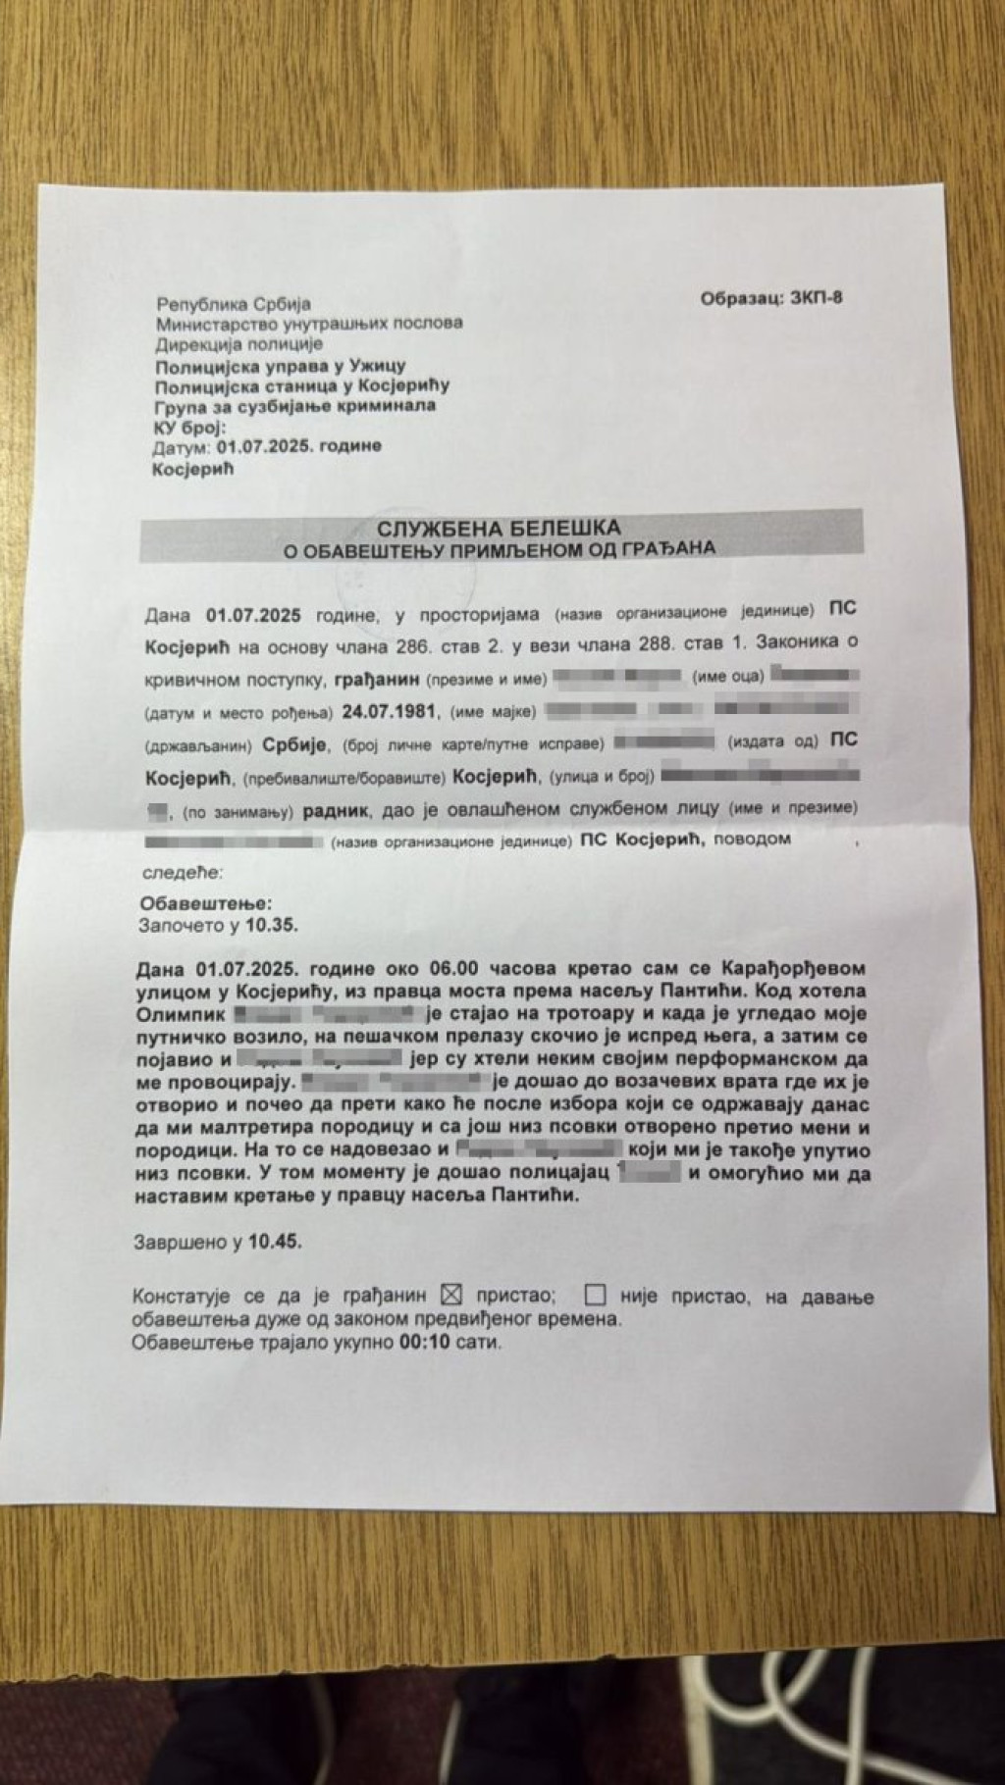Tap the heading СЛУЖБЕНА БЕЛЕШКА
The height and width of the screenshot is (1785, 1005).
pyautogui.click(x=502, y=529)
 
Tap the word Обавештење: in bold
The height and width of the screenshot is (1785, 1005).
pyautogui.click(x=206, y=902)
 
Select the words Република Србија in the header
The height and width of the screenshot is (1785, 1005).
pyautogui.click(x=233, y=305)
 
